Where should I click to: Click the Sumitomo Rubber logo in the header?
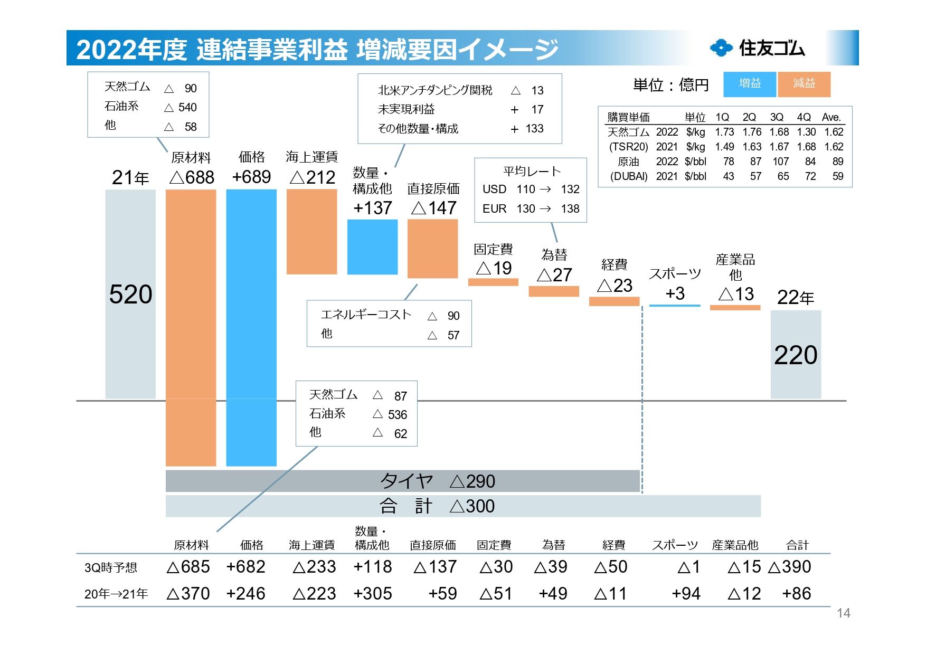pyautogui.click(x=757, y=48)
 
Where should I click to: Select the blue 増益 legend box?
pyautogui.click(x=749, y=84)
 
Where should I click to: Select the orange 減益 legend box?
pyautogui.click(x=804, y=84)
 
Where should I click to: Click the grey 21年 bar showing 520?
pyautogui.click(x=130, y=293)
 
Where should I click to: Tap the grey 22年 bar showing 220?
pyautogui.click(x=795, y=354)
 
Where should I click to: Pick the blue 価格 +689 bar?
pyautogui.click(x=251, y=327)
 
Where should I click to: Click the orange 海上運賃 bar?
pyautogui.click(x=311, y=232)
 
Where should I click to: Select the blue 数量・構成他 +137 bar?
pyautogui.click(x=372, y=247)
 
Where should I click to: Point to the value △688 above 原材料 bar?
pyautogui.click(x=192, y=177)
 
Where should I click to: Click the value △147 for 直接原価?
pyautogui.click(x=433, y=208)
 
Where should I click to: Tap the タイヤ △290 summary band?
pyautogui.click(x=402, y=481)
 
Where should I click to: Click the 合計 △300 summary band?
pyautogui.click(x=462, y=506)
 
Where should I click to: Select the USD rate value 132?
pyautogui.click(x=570, y=189)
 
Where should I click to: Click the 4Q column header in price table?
pyautogui.click(x=804, y=117)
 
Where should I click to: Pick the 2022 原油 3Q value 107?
pyautogui.click(x=780, y=162)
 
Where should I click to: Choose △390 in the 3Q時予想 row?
pyautogui.click(x=790, y=567)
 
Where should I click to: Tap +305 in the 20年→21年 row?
pyautogui.click(x=373, y=594)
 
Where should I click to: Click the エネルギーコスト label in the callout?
pyautogui.click(x=366, y=315)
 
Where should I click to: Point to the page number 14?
pyautogui.click(x=843, y=613)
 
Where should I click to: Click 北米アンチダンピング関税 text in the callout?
pyautogui.click(x=435, y=90)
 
